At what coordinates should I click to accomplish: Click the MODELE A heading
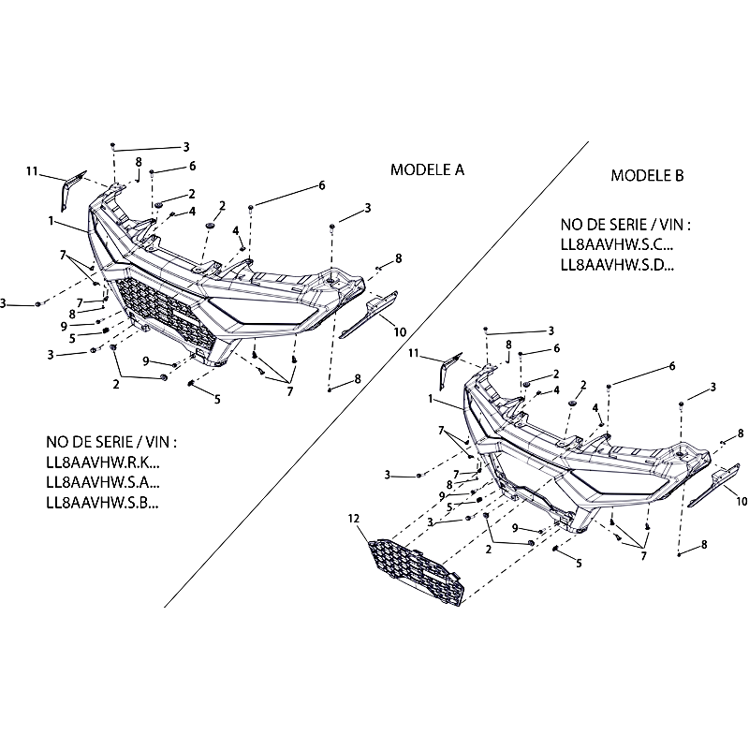427,170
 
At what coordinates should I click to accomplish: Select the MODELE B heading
648,175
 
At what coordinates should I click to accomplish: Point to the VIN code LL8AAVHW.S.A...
103,483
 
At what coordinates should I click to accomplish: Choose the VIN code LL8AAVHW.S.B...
103,503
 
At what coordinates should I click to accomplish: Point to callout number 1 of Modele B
433,399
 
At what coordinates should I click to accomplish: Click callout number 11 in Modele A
32,170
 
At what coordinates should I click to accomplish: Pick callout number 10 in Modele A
399,331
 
